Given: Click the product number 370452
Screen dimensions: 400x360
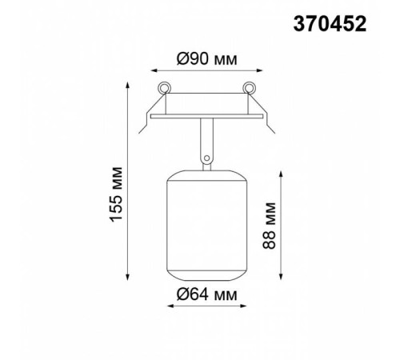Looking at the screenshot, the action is [x=330, y=24].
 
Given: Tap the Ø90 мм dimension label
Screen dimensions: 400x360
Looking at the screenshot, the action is [x=206, y=59].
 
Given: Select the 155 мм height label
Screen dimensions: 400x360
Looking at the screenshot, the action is [x=116, y=194].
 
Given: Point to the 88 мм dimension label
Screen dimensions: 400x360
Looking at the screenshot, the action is [x=269, y=226].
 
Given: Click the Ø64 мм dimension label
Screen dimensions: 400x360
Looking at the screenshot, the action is [x=206, y=294].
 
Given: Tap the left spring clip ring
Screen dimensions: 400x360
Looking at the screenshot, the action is [x=164, y=87].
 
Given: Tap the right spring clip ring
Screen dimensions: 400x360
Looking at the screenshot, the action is [x=249, y=87].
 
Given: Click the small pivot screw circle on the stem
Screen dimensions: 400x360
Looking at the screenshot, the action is [x=206, y=158].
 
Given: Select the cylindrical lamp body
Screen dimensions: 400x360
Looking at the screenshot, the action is [x=206, y=226].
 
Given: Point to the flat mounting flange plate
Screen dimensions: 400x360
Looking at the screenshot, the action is [x=206, y=116].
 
